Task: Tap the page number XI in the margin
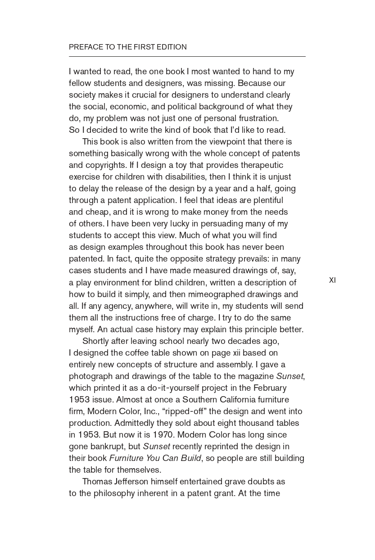pyautogui.click(x=332, y=280)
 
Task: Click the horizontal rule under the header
pyautogui.click(x=187, y=57)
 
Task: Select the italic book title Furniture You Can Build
pyautogui.click(x=155, y=458)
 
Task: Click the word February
pyautogui.click(x=270, y=388)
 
